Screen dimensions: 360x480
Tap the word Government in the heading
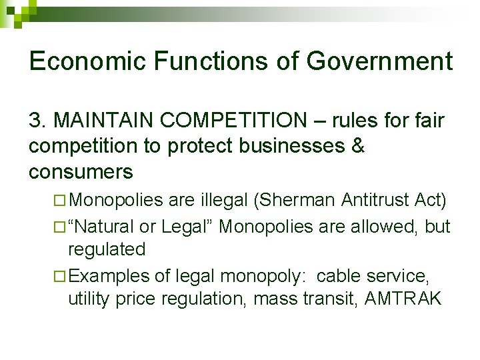pos(379,61)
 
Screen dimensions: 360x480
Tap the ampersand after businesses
pos(357,147)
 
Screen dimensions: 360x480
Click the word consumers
pos(81,172)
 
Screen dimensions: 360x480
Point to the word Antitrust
pos(374,200)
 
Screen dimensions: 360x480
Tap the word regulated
pos(107,249)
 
